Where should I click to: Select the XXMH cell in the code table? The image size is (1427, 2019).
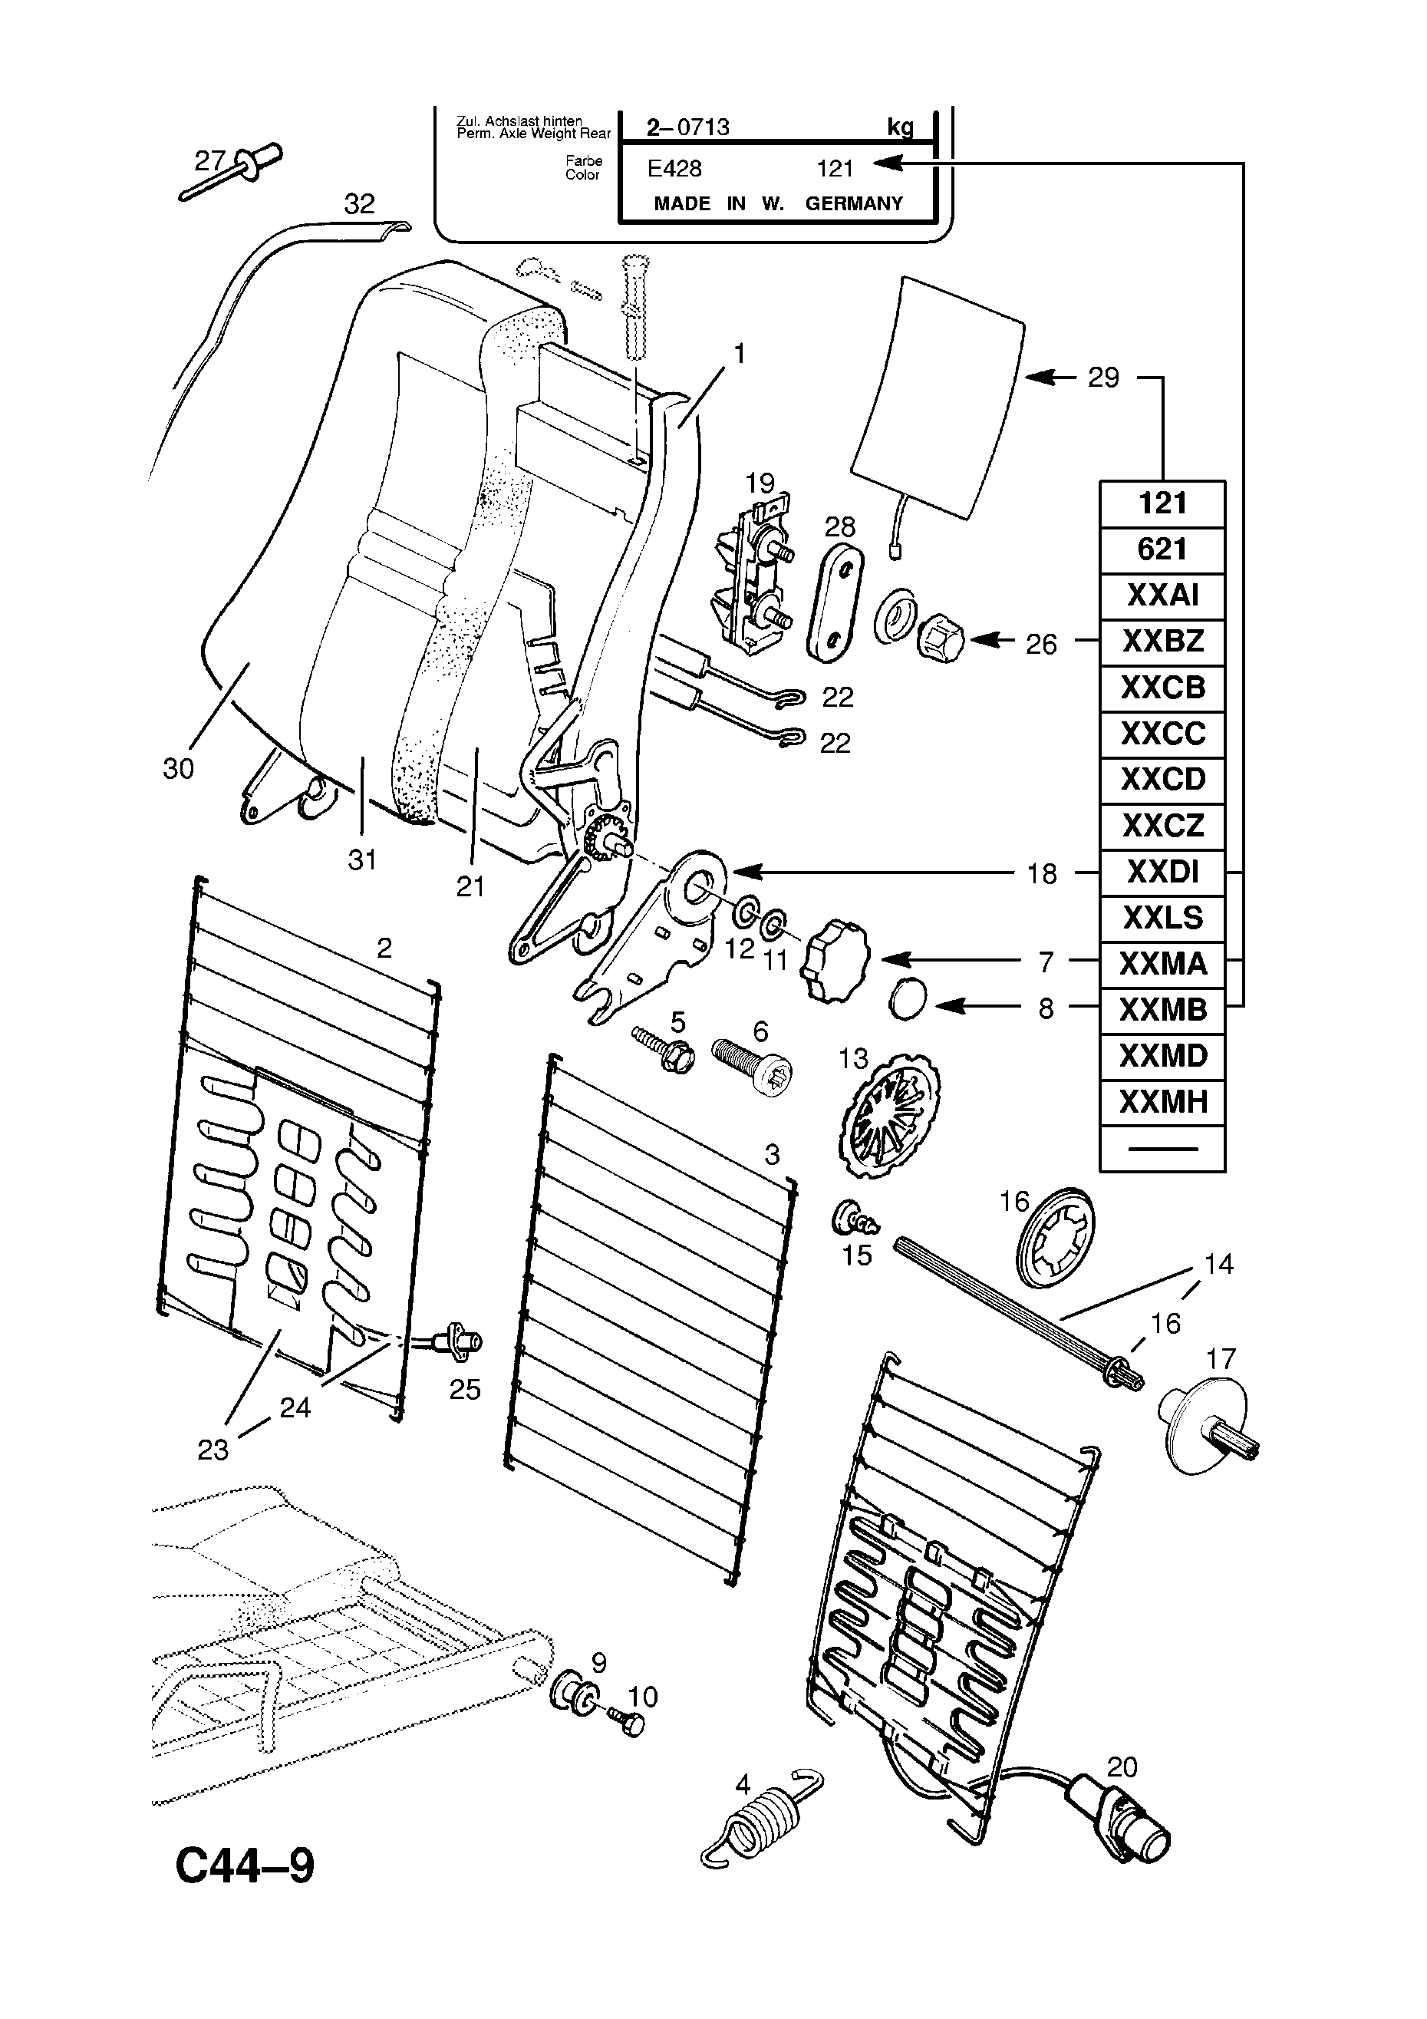1162,1102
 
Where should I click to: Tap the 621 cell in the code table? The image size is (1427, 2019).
1162,549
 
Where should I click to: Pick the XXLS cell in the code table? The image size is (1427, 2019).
1162,918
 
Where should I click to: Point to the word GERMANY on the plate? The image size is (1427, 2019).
854,204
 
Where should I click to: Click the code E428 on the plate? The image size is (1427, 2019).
674,168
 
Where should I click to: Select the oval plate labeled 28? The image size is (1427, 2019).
835,602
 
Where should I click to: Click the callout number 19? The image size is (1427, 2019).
760,483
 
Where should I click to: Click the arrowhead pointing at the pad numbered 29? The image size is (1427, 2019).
1040,378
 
